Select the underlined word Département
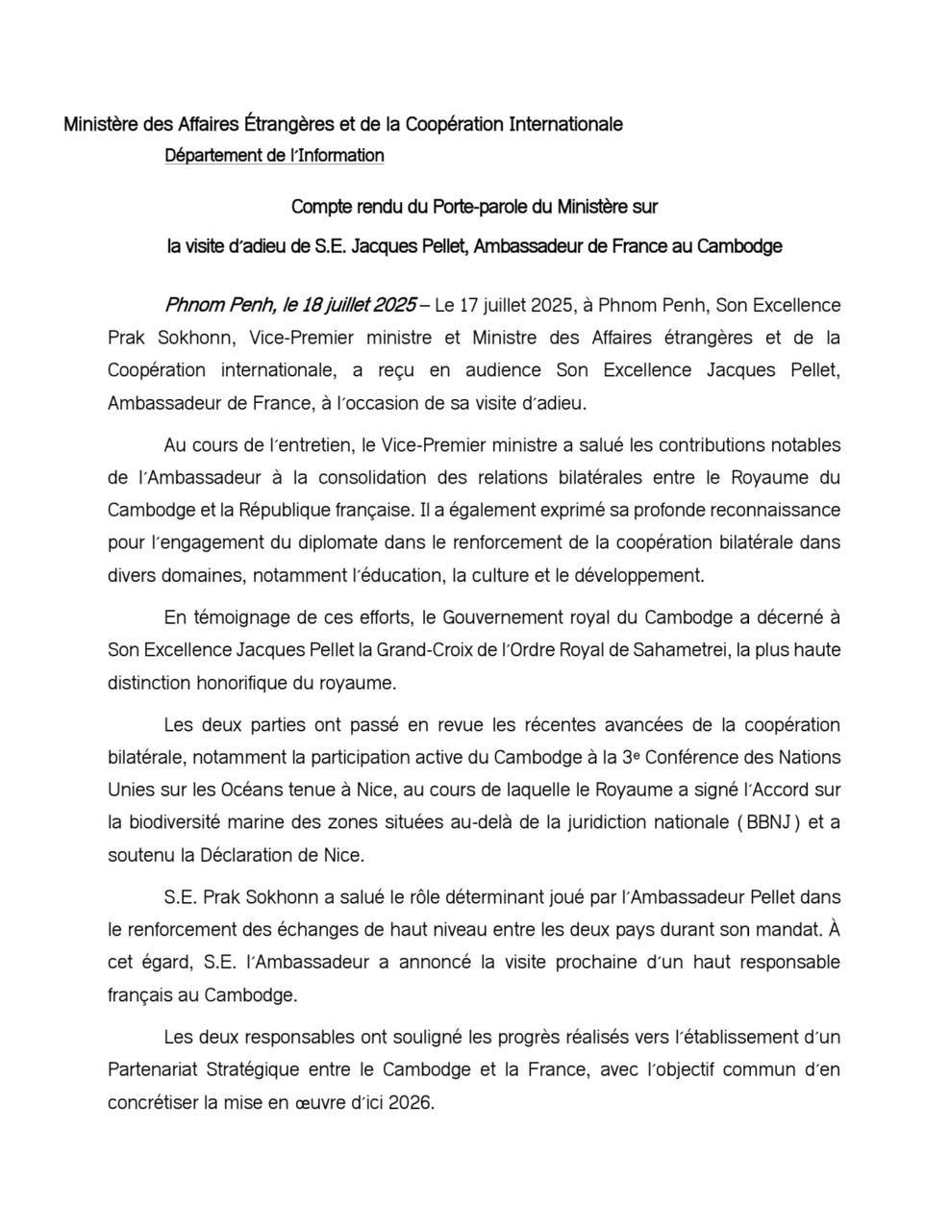tap(212, 156)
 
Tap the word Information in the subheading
tap(342, 156)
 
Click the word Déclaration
tap(249, 855)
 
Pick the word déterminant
tap(486, 898)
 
